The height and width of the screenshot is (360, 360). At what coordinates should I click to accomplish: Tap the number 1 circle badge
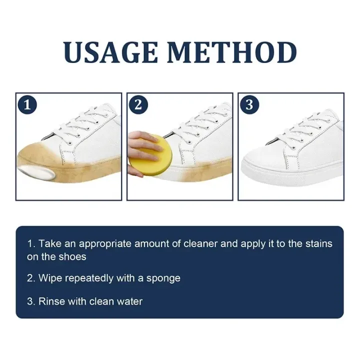click(27, 105)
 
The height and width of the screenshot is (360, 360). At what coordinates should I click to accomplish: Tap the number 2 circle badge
click(138, 105)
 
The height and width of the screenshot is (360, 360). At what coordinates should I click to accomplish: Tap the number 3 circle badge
click(249, 105)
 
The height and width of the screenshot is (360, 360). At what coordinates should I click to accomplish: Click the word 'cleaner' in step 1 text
click(196, 244)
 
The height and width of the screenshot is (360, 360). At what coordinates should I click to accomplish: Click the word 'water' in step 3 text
click(129, 301)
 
